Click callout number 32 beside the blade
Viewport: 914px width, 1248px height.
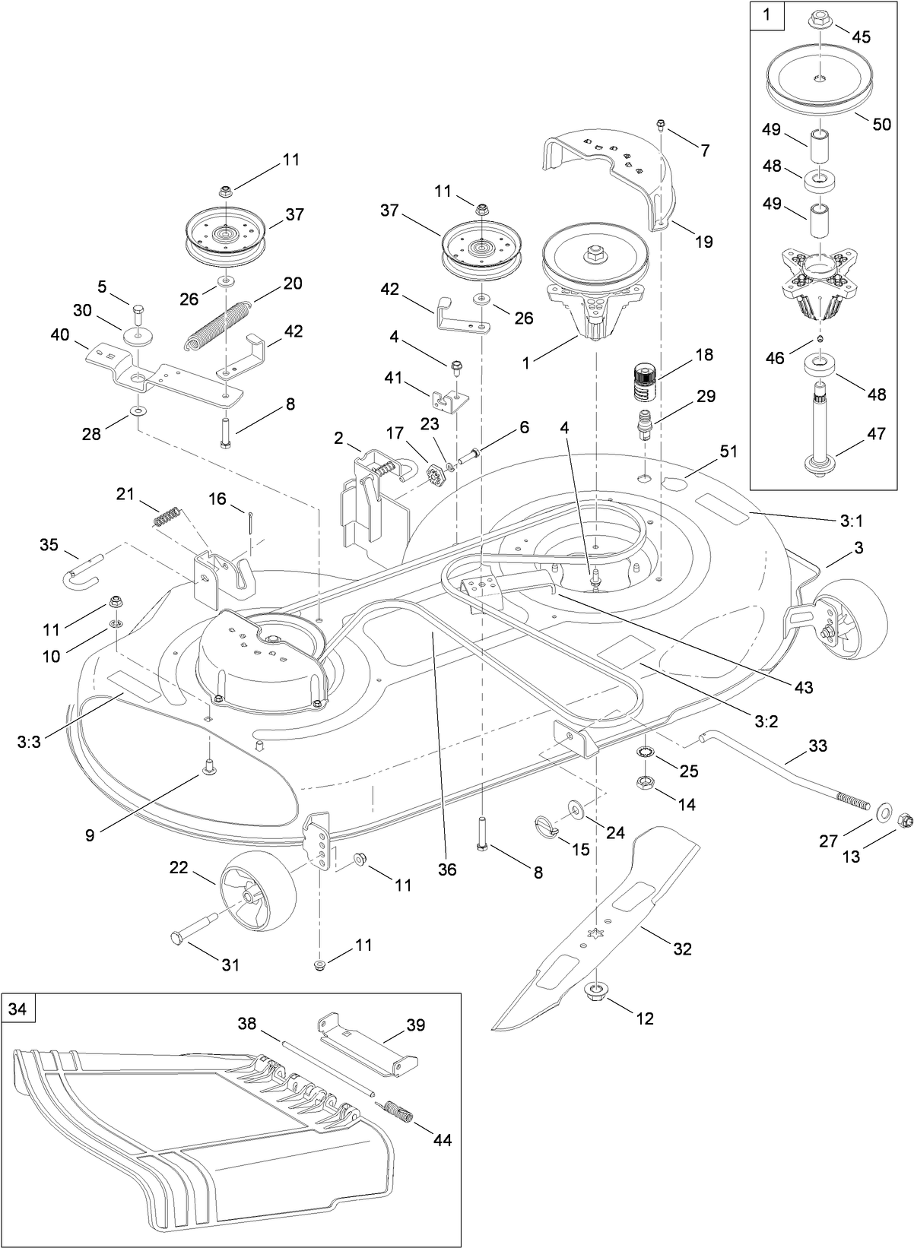pos(683,949)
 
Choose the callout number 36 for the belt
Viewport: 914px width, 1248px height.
pos(447,869)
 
